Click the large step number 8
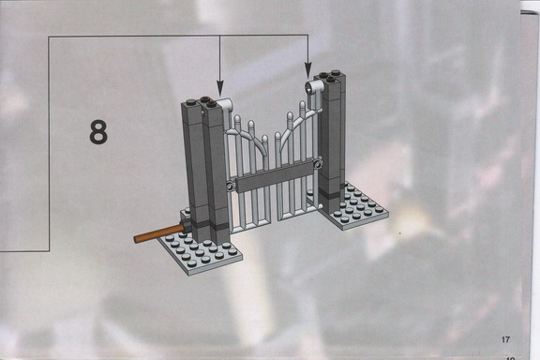click(x=98, y=132)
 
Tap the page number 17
click(x=505, y=339)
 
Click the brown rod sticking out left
click(x=159, y=233)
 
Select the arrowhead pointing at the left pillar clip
click(x=220, y=87)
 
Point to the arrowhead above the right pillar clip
click(x=308, y=69)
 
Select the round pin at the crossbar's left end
click(x=231, y=187)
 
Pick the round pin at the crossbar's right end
click(x=317, y=165)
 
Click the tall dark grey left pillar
click(x=205, y=172)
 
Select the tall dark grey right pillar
click(x=332, y=142)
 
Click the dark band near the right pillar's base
click(x=331, y=194)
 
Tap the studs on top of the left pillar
click(x=202, y=102)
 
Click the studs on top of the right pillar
click(x=328, y=76)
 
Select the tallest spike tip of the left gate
click(x=237, y=119)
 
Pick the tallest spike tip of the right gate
click(x=303, y=104)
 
